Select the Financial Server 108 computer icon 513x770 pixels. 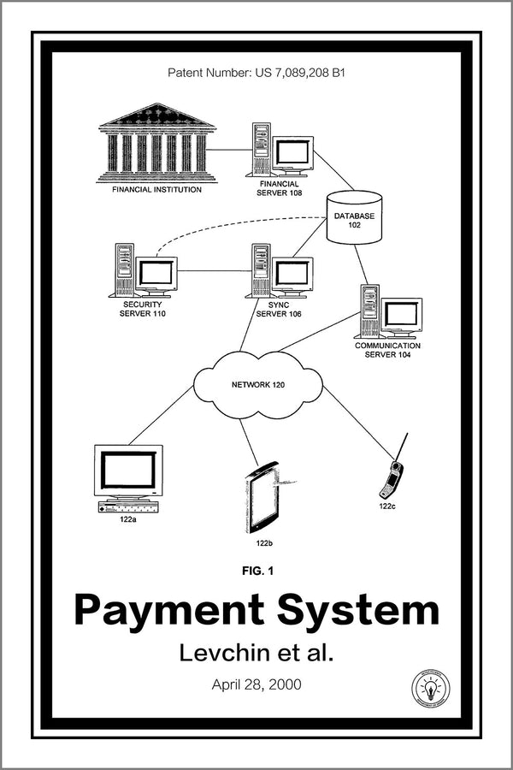coord(281,151)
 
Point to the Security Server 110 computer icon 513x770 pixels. coord(144,271)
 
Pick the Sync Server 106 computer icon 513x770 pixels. coord(280,271)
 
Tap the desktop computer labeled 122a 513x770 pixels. coord(128,477)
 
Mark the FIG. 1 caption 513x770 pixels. coord(257,569)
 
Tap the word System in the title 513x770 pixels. coord(359,611)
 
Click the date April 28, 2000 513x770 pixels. coord(256,684)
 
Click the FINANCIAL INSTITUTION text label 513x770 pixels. coord(156,189)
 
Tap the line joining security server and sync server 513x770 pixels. coord(214,271)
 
